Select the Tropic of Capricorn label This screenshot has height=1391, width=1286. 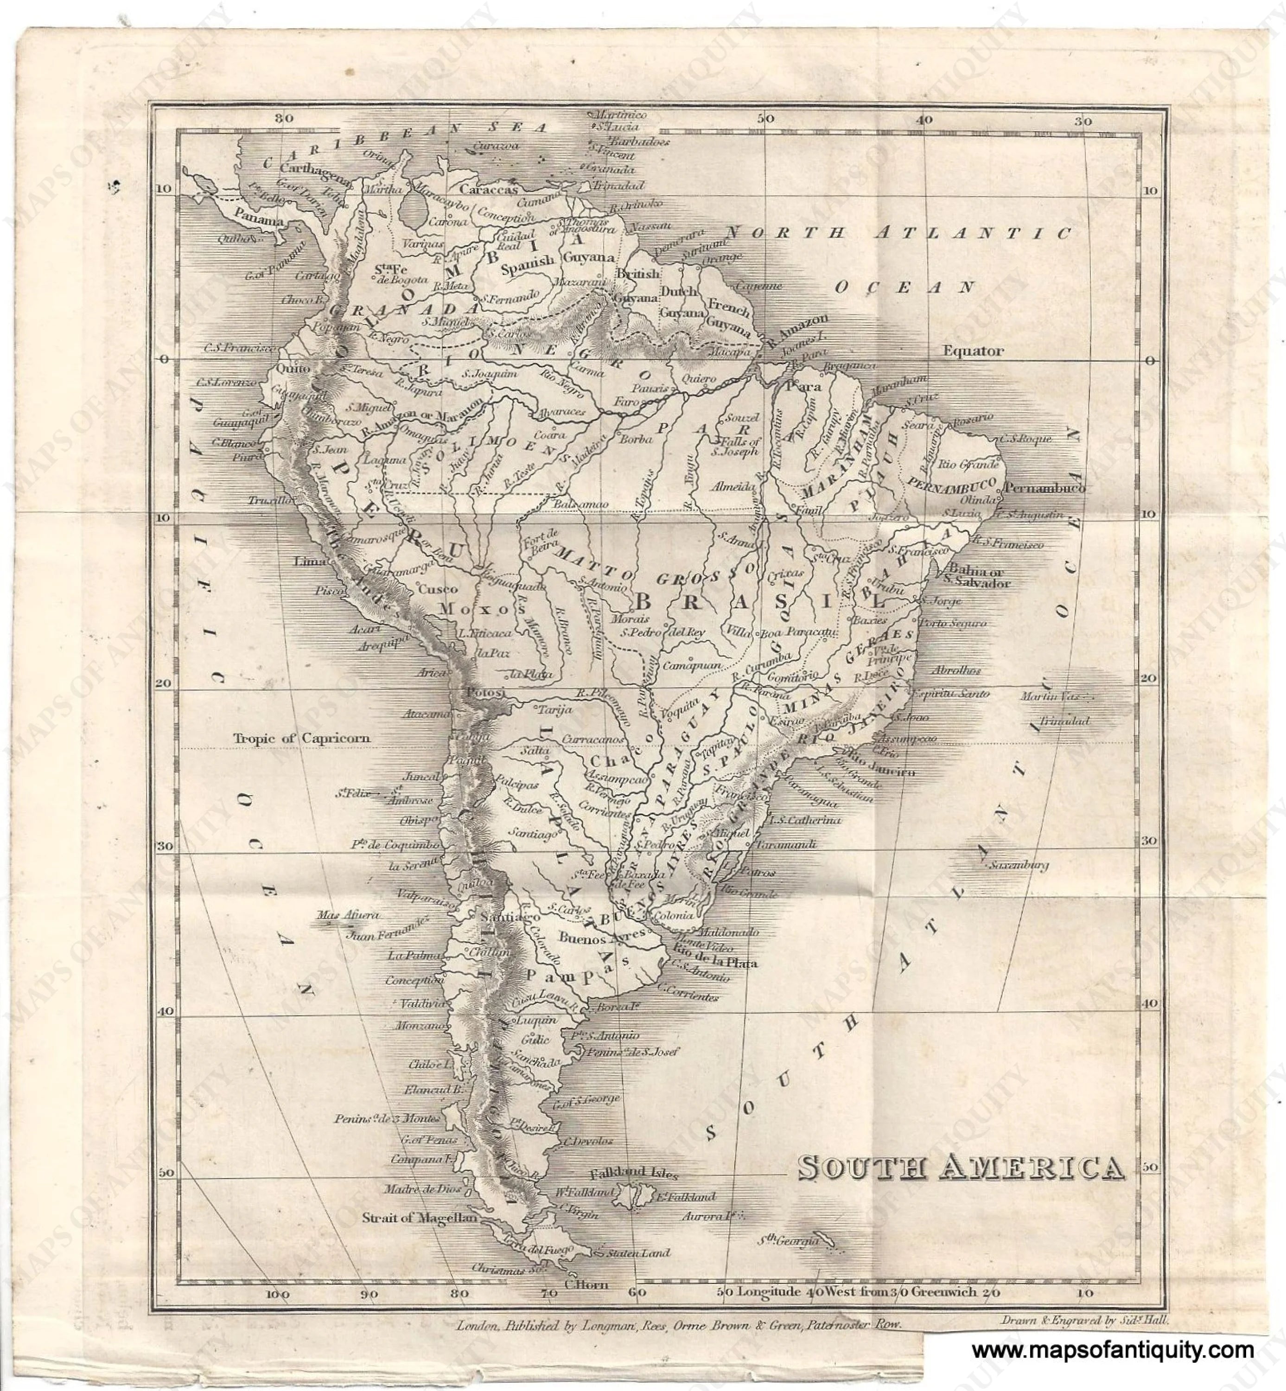[x=301, y=738]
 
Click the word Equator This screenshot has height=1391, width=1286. [x=973, y=351]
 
